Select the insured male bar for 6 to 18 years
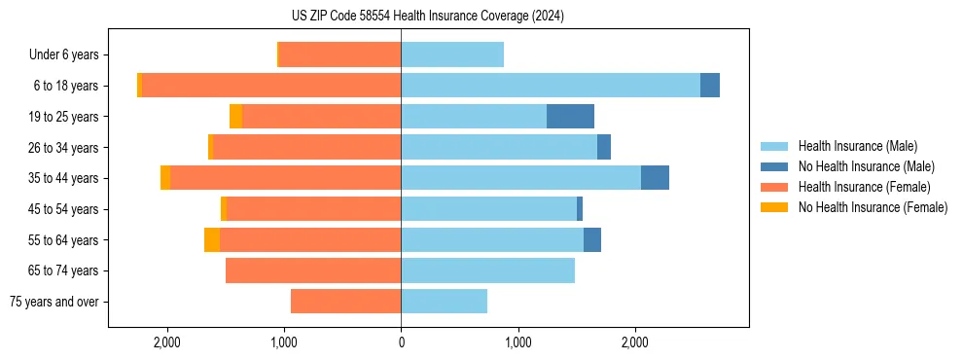tap(550, 85)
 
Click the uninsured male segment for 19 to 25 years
tap(570, 116)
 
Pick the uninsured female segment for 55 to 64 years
tap(212, 239)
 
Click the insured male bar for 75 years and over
tap(444, 302)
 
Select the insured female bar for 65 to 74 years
tap(313, 270)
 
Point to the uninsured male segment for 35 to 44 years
tap(655, 177)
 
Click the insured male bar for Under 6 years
tap(452, 54)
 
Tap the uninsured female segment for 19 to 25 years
tap(236, 116)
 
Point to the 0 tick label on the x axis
tap(401, 342)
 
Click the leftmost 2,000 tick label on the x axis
tap(166, 342)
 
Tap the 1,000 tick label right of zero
tap(517, 342)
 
